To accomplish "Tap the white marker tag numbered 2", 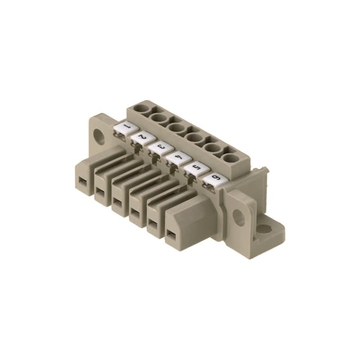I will point(141,137).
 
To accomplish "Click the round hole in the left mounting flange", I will point(99,136).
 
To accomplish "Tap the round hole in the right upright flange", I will point(238,218).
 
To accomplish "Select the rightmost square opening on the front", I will point(171,234).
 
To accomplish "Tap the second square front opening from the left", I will point(100,193).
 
